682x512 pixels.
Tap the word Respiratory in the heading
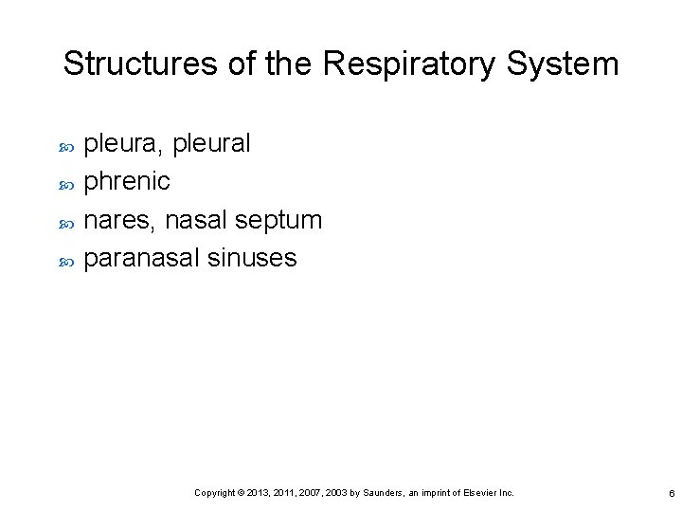[x=407, y=64]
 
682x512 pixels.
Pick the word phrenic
[x=127, y=181]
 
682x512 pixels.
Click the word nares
[x=120, y=220]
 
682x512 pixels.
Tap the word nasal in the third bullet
[x=196, y=220]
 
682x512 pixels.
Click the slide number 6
[x=671, y=494]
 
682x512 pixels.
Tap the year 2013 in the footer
[x=259, y=493]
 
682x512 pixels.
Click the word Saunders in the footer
[x=384, y=493]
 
